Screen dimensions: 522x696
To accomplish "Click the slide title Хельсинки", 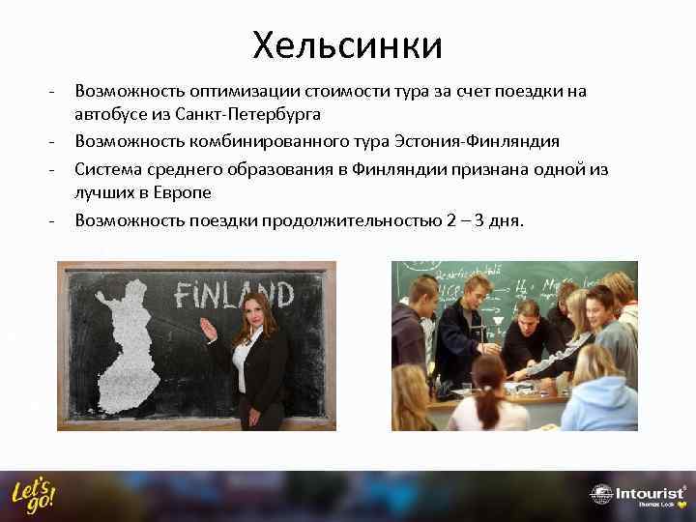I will point(347,43).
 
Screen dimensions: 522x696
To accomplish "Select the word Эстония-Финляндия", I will point(478,142).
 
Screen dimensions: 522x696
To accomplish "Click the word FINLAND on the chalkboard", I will point(234,292).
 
